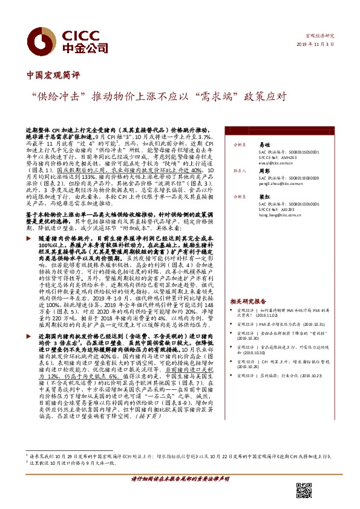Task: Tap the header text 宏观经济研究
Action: click(319, 36)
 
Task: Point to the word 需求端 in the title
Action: click(221, 96)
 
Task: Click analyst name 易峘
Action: click(262, 146)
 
